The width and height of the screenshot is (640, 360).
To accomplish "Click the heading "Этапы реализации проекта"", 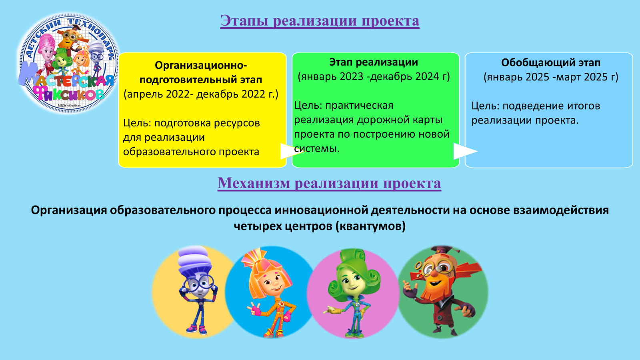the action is (320, 20).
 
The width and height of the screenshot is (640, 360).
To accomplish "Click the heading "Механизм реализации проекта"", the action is (329, 183).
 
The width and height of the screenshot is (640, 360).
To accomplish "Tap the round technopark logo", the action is (68, 63).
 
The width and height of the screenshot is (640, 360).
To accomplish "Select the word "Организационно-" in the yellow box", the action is (201, 65).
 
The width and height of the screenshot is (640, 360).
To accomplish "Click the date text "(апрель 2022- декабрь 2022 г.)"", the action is (201, 94).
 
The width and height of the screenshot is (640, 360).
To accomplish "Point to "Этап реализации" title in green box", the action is (374, 62).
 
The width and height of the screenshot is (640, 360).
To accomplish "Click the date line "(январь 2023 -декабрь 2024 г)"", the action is (374, 76).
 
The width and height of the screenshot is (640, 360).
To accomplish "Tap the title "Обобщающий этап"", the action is (551, 62).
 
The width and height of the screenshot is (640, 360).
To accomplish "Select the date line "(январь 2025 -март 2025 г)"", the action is (551, 77).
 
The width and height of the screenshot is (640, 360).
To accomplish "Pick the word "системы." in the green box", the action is (317, 148).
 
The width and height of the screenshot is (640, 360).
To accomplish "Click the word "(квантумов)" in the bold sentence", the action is (370, 226).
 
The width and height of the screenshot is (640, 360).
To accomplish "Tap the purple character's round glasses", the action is (198, 283).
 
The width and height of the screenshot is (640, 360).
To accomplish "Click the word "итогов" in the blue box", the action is (584, 106).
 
